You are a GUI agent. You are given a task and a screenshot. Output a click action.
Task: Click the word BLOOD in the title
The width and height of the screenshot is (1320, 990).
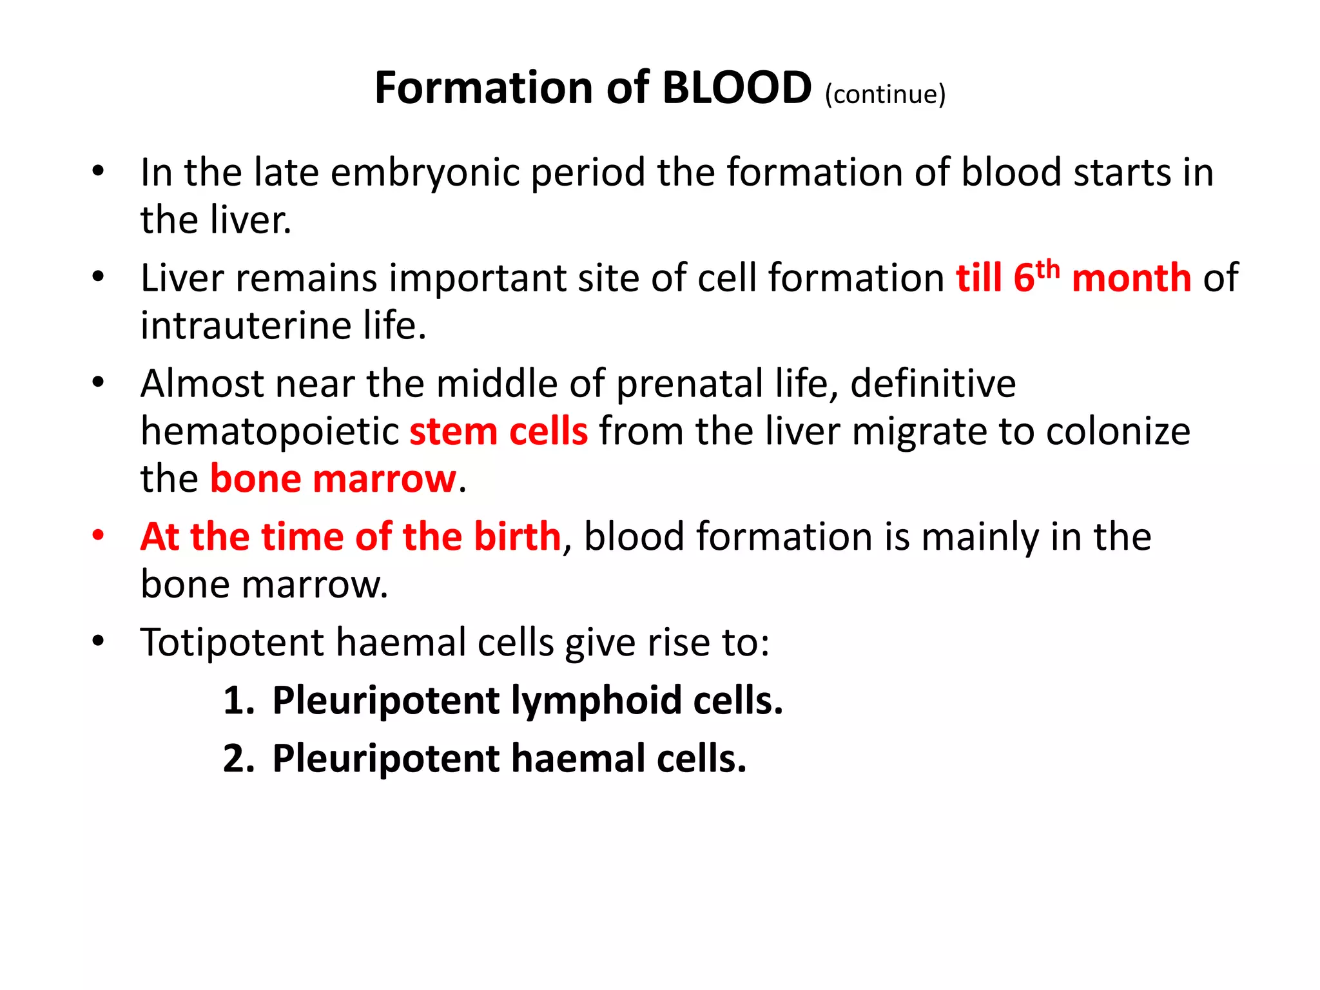[x=736, y=88]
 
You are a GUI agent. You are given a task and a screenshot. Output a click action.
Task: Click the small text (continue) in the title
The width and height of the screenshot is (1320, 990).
[x=885, y=94]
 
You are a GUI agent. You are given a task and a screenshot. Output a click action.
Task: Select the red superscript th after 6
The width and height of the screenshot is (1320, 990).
[x=1048, y=269]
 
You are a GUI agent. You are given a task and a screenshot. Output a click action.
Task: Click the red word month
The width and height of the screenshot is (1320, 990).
[x=1131, y=278]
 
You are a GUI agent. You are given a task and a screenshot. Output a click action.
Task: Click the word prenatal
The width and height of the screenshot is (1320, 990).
[x=690, y=384]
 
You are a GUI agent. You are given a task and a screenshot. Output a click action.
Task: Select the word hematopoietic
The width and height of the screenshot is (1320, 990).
[x=270, y=431]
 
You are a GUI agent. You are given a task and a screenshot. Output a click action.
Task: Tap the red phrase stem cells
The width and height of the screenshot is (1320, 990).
[x=498, y=431]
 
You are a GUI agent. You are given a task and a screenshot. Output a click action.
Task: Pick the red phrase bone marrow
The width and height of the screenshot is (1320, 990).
[x=333, y=479]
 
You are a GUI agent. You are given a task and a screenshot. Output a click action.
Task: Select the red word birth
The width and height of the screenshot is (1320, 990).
[x=517, y=536]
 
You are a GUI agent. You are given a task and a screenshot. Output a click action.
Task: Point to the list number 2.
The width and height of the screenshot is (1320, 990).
[x=236, y=759]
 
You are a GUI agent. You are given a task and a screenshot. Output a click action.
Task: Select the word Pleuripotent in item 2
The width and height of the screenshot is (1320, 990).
[x=385, y=759]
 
